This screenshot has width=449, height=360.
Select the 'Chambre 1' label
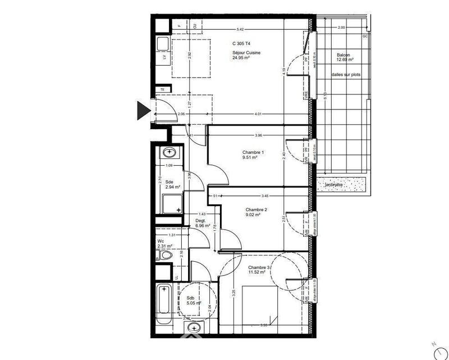pyautogui.click(x=253, y=153)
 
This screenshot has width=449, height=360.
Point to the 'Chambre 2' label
pyautogui.click(x=256, y=210)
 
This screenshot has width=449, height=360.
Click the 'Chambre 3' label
pyautogui.click(x=259, y=268)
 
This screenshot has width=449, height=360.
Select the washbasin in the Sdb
pyautogui.click(x=194, y=327)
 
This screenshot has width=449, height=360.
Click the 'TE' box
pyautogui.click(x=163, y=89)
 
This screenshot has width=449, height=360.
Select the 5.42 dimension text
pyautogui.click(x=240, y=29)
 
